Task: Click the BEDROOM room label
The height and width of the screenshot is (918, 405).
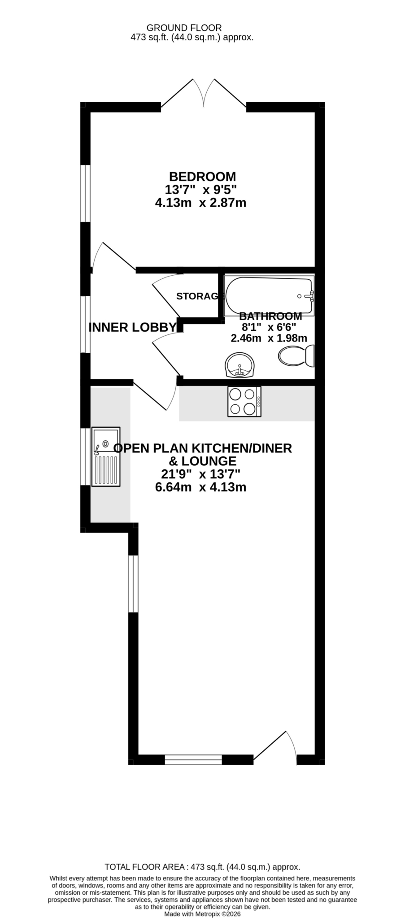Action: pos(202,177)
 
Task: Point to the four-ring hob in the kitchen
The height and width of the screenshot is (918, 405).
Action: pos(244,402)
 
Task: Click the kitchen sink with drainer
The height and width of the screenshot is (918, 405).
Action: pos(106,456)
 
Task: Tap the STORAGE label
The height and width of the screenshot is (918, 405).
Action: pos(200,296)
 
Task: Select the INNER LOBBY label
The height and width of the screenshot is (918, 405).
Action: pos(133,327)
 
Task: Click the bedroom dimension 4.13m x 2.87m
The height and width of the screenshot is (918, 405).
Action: pos(200,203)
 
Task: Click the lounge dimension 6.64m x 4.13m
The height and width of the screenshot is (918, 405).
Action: pos(200,487)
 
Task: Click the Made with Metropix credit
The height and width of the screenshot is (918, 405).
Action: pos(203,914)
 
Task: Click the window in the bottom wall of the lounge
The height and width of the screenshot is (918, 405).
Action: pos(193,759)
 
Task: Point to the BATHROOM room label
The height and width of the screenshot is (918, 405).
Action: pos(270,316)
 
